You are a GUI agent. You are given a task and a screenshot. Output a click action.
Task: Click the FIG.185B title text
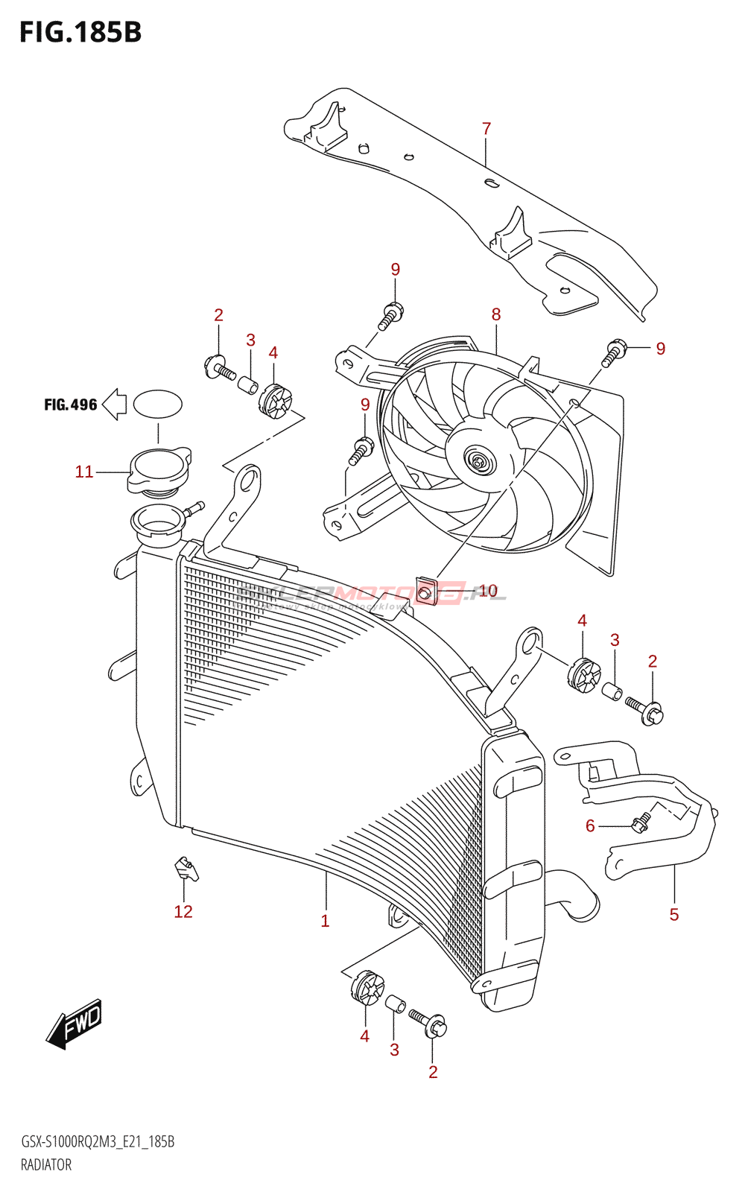tap(80, 33)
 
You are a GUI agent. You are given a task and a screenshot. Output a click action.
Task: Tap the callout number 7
tap(486, 129)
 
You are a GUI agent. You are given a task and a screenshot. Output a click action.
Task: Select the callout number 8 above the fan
tap(496, 314)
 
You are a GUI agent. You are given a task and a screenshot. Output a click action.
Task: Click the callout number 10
tap(488, 591)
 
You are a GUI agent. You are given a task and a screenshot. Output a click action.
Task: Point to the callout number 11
tap(84, 472)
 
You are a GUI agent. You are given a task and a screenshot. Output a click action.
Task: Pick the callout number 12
tap(183, 912)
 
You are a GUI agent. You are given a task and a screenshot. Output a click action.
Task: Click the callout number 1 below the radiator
tap(325, 921)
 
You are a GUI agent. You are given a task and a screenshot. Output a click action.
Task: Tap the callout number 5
tap(674, 915)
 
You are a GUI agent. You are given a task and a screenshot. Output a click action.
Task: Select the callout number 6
tap(590, 825)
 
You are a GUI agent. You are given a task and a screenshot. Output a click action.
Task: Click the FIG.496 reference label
tap(71, 405)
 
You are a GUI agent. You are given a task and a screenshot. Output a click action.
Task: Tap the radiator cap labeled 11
tap(159, 469)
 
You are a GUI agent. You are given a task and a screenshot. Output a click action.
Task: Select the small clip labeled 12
tap(186, 868)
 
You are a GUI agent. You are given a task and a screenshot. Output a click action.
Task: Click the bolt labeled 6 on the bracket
tap(639, 822)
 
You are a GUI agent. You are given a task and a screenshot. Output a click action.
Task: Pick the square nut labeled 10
tap(425, 592)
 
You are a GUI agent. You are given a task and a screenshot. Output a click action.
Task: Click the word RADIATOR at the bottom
tap(46, 1165)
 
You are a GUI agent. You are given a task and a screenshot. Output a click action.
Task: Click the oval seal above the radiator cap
tap(158, 404)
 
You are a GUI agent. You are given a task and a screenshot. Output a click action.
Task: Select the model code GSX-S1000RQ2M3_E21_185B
tap(98, 1142)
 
